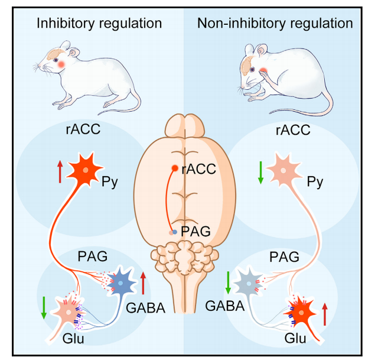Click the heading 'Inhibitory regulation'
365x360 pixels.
(99, 24)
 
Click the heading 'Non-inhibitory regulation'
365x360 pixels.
(275, 24)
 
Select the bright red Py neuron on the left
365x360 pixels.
(86, 170)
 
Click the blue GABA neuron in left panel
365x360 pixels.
(121, 283)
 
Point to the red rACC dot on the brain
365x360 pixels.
(174, 168)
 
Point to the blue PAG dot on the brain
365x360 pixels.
(174, 232)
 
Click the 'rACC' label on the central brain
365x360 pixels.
(198, 170)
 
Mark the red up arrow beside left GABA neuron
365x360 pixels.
(143, 281)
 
